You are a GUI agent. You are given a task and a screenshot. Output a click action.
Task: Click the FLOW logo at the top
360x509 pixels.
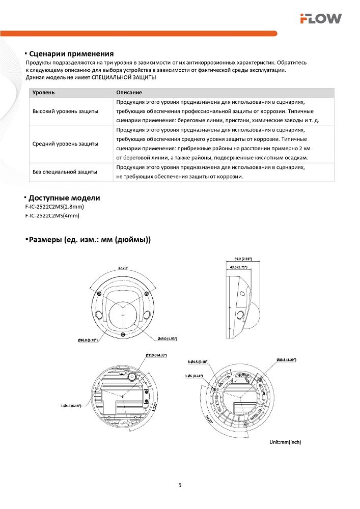coord(320,19)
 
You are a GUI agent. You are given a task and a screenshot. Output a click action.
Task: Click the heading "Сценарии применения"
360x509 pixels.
coord(71,54)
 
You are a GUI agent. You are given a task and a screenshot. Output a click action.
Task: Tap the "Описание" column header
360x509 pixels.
coord(129,93)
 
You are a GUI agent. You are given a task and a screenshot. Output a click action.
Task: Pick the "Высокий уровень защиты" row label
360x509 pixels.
coord(65,111)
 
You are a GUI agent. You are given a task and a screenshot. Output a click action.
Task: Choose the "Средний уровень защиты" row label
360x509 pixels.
coord(65,144)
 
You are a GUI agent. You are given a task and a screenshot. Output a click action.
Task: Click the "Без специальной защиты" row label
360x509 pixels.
coord(65,172)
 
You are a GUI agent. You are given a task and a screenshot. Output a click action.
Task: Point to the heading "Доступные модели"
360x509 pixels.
coord(64,198)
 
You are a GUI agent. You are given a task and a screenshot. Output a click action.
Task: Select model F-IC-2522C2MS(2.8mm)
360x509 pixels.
coord(54,207)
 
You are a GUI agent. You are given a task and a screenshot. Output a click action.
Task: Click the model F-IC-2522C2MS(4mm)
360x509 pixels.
coord(52,215)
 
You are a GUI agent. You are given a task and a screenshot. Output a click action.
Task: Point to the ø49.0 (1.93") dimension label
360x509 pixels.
coord(167,338)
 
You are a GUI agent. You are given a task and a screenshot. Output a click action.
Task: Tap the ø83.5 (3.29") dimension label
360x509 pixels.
coord(287,360)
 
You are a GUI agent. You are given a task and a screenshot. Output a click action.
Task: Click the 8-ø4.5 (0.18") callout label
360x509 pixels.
coord(198,361)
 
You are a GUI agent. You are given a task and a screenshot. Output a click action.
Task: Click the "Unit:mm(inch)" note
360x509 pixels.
coord(285,442)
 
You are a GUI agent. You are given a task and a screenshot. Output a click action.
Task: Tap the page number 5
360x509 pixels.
coord(180,485)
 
